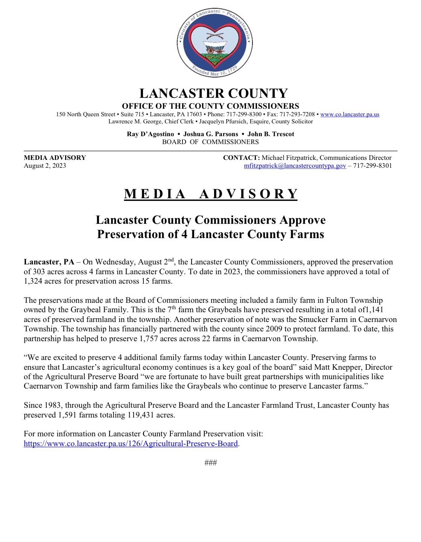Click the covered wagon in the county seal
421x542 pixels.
[x=215, y=46]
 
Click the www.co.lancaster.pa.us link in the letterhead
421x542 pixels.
[x=350, y=114]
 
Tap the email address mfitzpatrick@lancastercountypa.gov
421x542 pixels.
[x=295, y=166]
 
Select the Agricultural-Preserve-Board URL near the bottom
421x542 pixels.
[x=131, y=444]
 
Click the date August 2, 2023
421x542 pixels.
[x=45, y=166]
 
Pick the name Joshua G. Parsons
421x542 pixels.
[x=211, y=134]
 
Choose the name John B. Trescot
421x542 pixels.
[x=271, y=134]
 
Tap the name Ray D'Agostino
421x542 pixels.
[x=150, y=134]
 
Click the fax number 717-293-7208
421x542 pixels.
[x=297, y=114]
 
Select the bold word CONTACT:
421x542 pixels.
[x=241, y=158]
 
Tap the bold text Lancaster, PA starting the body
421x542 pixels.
[x=49, y=262]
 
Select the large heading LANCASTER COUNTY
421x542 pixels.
[x=213, y=94]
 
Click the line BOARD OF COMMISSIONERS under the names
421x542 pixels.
[x=210, y=142]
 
